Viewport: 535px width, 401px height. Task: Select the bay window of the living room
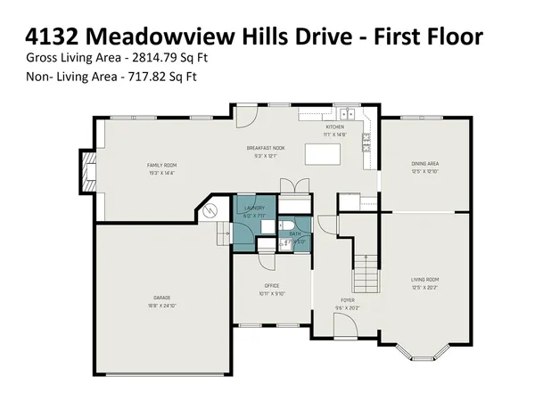tap(424, 349)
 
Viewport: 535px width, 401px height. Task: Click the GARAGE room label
tap(161, 297)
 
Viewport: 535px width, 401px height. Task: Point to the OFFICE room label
tap(272, 285)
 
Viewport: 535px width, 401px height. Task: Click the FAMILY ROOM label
tap(162, 165)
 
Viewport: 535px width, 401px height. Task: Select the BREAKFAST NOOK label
tap(266, 148)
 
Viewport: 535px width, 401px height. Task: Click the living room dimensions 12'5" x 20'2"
tap(424, 287)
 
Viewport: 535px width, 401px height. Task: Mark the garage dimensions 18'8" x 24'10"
tap(161, 305)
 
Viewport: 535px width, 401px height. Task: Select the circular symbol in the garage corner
tap(211, 211)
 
